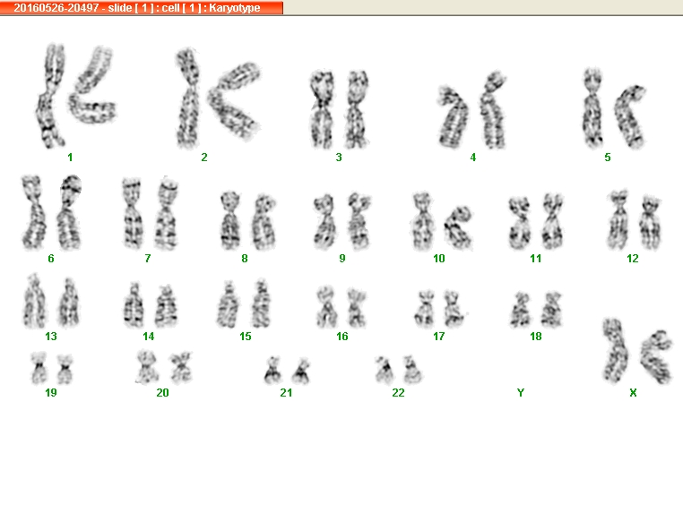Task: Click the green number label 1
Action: pos(70,158)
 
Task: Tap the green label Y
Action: pos(521,393)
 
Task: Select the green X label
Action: pos(633,393)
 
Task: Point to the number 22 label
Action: pos(398,393)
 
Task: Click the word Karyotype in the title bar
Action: pos(235,8)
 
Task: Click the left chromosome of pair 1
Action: pos(48,96)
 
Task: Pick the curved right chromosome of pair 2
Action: pos(234,101)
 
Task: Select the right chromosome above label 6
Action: pos(69,212)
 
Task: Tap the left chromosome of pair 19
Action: pos(39,369)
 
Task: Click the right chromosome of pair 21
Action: pos(301,371)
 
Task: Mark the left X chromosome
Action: pos(615,350)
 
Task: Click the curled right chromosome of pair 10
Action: pos(458,228)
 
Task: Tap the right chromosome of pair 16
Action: pos(357,308)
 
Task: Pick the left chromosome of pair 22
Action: pos(385,371)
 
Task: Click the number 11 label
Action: pos(536,259)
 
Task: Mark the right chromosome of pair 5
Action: pos(630,116)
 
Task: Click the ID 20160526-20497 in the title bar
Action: pos(56,8)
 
